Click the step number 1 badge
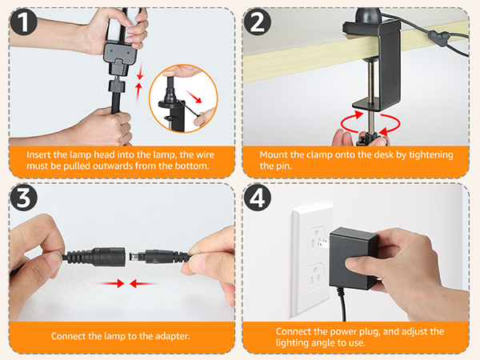pyautogui.click(x=24, y=22)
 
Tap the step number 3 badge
pyautogui.click(x=25, y=198)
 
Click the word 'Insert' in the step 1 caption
pyautogui.click(x=41, y=154)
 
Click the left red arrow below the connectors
pyautogui.click(x=115, y=282)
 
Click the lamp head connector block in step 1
pyautogui.click(x=121, y=57)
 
